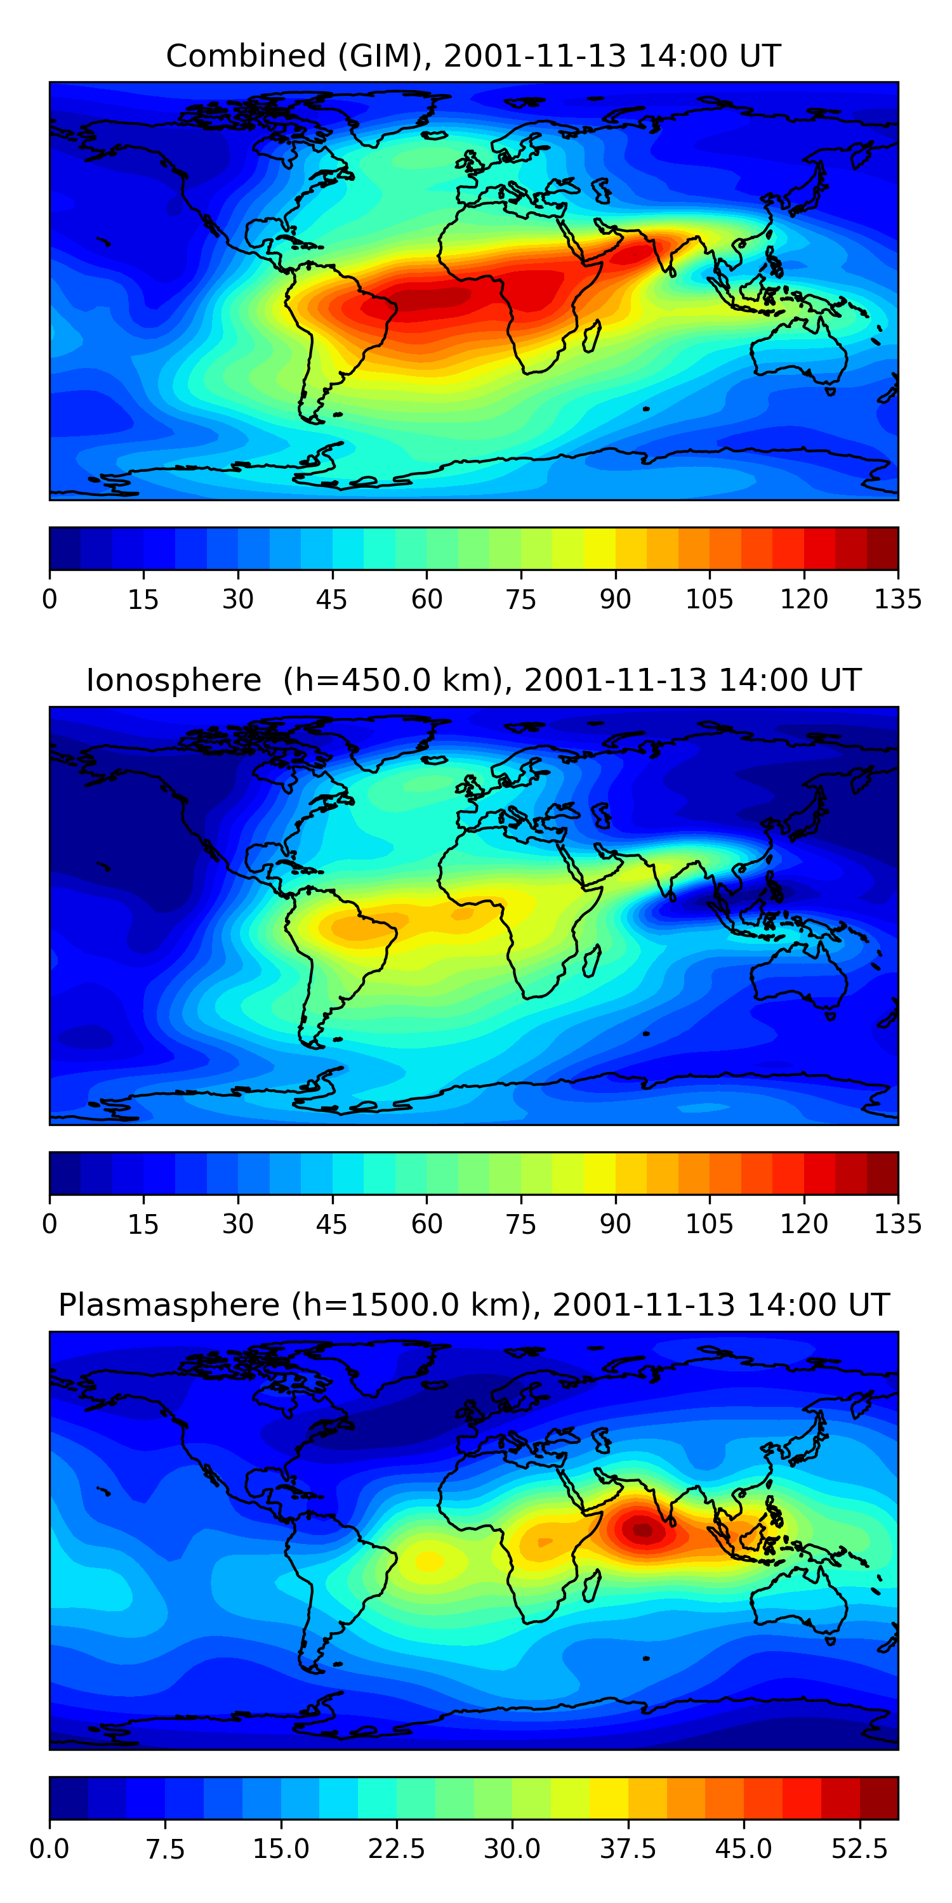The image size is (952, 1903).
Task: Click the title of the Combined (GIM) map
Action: click(x=473, y=56)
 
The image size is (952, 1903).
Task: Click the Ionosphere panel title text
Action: click(x=473, y=681)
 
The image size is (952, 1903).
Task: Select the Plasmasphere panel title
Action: click(x=473, y=1305)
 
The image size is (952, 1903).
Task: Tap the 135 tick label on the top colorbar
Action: click(x=897, y=599)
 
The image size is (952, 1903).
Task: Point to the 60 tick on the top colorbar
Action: click(x=426, y=599)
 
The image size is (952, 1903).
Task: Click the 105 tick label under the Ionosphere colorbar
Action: click(x=709, y=1224)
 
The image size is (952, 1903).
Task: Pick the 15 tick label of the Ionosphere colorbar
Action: click(x=143, y=1224)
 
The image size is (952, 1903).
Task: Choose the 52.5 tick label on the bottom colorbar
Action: click(x=859, y=1848)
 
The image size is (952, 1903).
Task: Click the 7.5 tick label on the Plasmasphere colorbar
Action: click(x=165, y=1848)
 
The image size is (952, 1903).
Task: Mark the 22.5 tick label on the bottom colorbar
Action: click(x=396, y=1848)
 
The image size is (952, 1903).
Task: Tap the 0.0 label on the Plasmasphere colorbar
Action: click(x=50, y=1848)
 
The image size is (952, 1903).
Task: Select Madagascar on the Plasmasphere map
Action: click(x=592, y=1585)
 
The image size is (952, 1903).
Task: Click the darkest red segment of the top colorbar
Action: click(x=882, y=548)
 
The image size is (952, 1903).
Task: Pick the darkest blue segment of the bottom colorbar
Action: click(x=69, y=1797)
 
